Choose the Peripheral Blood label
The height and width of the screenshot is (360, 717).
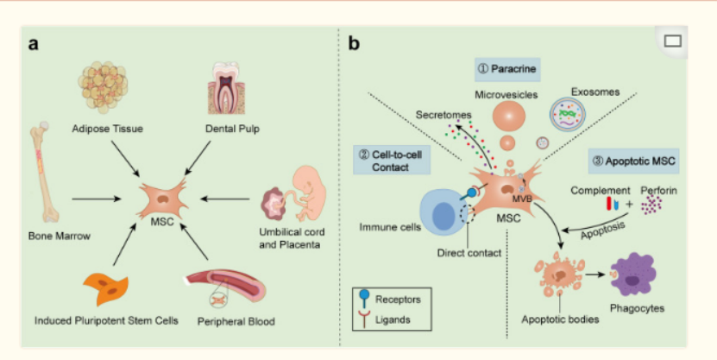[234, 322]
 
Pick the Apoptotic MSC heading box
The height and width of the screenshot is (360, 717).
[633, 159]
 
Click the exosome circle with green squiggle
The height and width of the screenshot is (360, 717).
[570, 111]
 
